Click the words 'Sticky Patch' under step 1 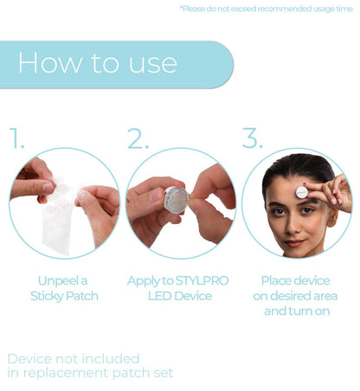(x=63, y=295)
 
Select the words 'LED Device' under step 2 (x=180, y=295)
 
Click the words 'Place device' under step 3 (x=296, y=280)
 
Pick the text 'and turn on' (x=296, y=310)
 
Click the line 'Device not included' (x=73, y=357)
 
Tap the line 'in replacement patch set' (x=90, y=373)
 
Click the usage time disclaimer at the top (x=266, y=9)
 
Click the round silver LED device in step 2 (x=177, y=200)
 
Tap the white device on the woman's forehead (x=302, y=190)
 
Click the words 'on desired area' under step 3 (x=296, y=295)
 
